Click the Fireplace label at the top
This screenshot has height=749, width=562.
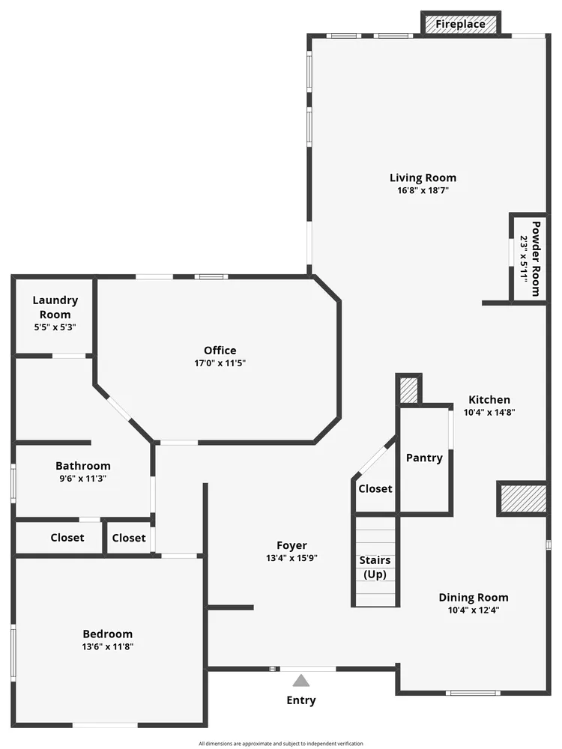(460, 24)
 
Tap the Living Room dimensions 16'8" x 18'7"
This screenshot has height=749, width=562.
(423, 190)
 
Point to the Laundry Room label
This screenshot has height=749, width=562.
(55, 307)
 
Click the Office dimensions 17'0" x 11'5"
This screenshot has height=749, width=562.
(220, 363)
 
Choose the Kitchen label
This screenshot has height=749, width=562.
(489, 400)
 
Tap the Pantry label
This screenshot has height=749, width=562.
(424, 458)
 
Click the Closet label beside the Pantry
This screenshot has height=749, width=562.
(375, 488)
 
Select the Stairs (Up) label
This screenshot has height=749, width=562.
(375, 567)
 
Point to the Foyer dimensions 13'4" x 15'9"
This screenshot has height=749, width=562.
(291, 558)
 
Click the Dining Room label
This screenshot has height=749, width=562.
(473, 597)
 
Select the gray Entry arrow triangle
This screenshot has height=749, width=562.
(301, 681)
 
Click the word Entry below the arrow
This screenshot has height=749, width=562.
(301, 700)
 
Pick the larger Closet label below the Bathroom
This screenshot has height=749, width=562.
(67, 538)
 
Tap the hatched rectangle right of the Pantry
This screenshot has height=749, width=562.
(523, 498)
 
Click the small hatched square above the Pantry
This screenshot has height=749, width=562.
(408, 389)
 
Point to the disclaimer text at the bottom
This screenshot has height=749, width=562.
(281, 744)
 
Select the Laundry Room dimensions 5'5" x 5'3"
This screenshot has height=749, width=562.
(55, 327)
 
